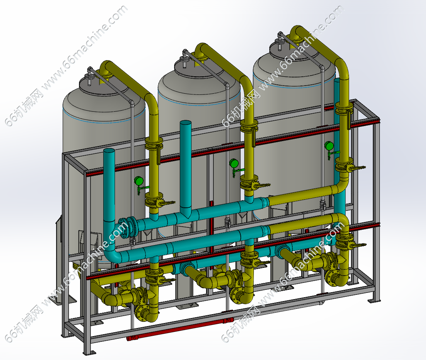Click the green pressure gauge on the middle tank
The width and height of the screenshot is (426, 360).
click(x=234, y=163)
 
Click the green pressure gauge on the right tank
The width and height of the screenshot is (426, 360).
click(x=329, y=146)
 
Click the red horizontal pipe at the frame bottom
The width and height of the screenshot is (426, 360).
click(x=180, y=329)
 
